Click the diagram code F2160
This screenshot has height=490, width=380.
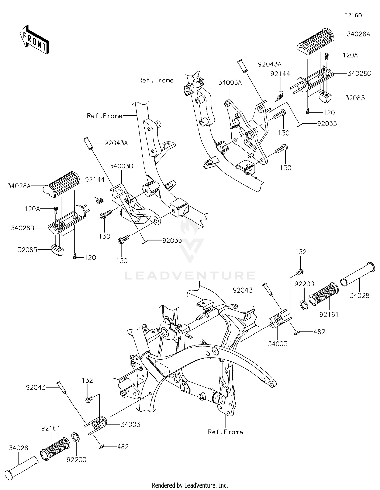click(x=353, y=15)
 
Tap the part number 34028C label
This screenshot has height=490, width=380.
click(x=359, y=74)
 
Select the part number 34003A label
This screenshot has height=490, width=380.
click(x=230, y=83)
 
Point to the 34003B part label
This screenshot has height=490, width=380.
click(x=122, y=166)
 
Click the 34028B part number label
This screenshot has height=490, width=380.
click(x=23, y=228)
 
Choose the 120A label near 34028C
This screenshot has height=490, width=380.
click(x=350, y=55)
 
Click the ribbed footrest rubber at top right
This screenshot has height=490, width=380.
click(x=316, y=41)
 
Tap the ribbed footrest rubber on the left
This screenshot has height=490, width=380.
click(x=62, y=184)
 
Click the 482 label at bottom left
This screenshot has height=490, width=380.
click(x=123, y=447)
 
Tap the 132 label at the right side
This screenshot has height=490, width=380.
click(x=301, y=252)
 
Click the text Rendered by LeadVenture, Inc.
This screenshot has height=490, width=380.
click(x=190, y=485)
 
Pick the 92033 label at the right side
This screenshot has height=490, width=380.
click(x=327, y=124)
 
